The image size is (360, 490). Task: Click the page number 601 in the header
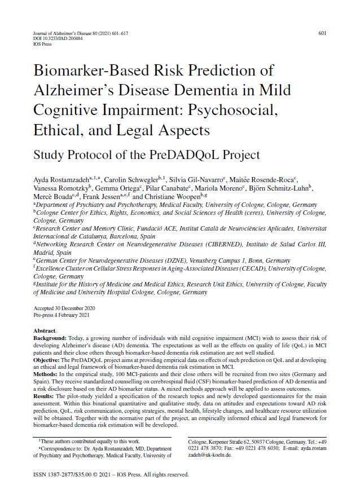(322, 33)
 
